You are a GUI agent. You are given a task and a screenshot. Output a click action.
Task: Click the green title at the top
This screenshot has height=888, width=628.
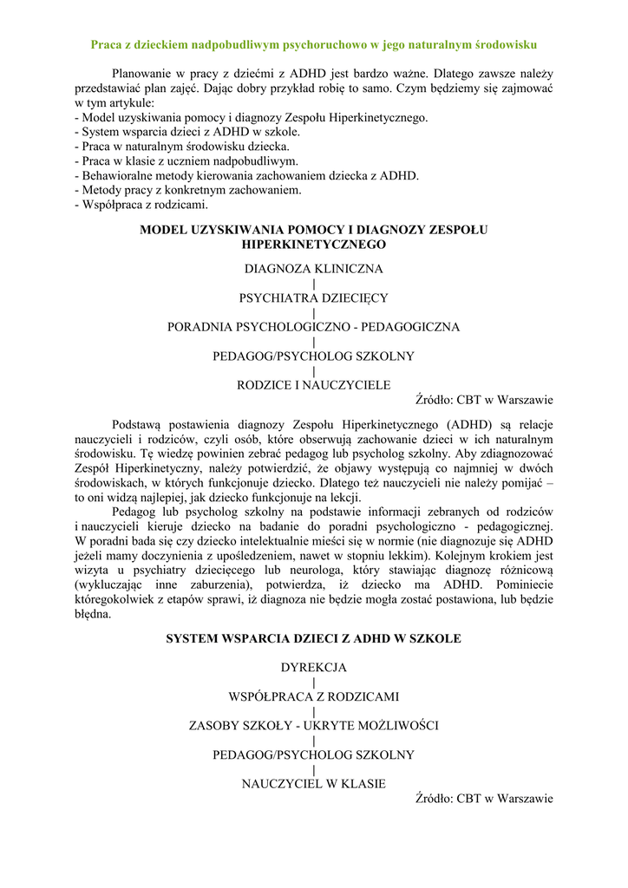(314, 43)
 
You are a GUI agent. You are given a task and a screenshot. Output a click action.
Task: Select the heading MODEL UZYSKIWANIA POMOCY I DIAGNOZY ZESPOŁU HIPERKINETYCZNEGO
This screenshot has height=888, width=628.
(314, 237)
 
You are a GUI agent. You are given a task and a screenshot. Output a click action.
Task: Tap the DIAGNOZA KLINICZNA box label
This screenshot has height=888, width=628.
(314, 269)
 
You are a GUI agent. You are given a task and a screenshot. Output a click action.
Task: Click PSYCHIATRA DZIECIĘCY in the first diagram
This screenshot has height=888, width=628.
(314, 297)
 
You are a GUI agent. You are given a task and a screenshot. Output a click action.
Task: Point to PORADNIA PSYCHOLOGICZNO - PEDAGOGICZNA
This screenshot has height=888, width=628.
(314, 327)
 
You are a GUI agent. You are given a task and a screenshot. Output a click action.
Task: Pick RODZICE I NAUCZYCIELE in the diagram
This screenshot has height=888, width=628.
(314, 385)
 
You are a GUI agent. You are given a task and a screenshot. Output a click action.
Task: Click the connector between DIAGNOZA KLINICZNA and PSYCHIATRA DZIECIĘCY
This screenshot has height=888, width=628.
(314, 284)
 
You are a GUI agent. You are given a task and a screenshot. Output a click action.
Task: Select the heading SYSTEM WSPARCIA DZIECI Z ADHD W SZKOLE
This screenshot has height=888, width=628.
(314, 638)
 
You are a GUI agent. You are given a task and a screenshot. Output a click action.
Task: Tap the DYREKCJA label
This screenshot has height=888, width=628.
(314, 668)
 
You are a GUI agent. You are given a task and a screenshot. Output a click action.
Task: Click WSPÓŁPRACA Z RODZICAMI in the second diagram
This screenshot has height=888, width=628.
(314, 696)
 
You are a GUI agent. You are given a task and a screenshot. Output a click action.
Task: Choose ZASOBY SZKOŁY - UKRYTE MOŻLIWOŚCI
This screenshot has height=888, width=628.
(314, 726)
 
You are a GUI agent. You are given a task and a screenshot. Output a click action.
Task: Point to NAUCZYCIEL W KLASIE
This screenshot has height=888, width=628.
(314, 784)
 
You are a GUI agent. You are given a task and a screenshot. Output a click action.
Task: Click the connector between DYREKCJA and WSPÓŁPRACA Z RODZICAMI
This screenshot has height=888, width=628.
(314, 682)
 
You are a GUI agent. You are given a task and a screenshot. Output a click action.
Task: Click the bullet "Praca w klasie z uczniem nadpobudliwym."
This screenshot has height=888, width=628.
(187, 160)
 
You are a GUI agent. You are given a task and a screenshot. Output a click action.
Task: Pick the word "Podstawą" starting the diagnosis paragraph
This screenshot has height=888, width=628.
(138, 424)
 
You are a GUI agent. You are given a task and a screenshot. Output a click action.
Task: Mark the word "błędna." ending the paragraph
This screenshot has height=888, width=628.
(93, 614)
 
